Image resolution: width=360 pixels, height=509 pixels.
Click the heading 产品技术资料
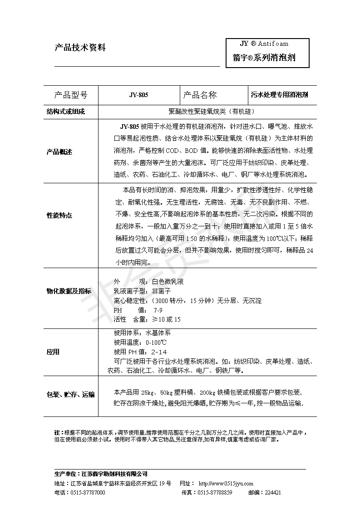click(x=80, y=47)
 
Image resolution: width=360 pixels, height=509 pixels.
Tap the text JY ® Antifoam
click(x=264, y=44)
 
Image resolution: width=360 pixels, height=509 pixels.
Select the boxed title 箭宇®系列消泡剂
click(x=264, y=58)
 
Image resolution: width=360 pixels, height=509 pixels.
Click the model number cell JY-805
click(x=139, y=95)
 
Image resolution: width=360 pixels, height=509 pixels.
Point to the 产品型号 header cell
click(x=71, y=95)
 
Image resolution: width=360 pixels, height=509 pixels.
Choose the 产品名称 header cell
click(x=200, y=95)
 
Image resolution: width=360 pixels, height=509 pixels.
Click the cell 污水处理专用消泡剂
click(x=280, y=95)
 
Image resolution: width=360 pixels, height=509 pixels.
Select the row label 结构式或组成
click(x=66, y=111)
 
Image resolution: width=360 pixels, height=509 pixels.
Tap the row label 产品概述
click(x=59, y=152)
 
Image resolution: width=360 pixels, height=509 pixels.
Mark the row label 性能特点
click(x=59, y=215)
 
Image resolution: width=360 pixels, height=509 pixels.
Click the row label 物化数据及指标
click(x=69, y=291)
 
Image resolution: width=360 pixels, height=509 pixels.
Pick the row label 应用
click(x=53, y=352)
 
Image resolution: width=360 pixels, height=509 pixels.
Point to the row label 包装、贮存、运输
click(x=71, y=395)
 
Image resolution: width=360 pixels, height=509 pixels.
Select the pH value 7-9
click(x=158, y=310)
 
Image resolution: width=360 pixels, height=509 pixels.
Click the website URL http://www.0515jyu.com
click(x=226, y=484)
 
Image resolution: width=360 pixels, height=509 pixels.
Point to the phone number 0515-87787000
click(x=88, y=493)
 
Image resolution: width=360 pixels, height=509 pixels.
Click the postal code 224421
click(x=272, y=493)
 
